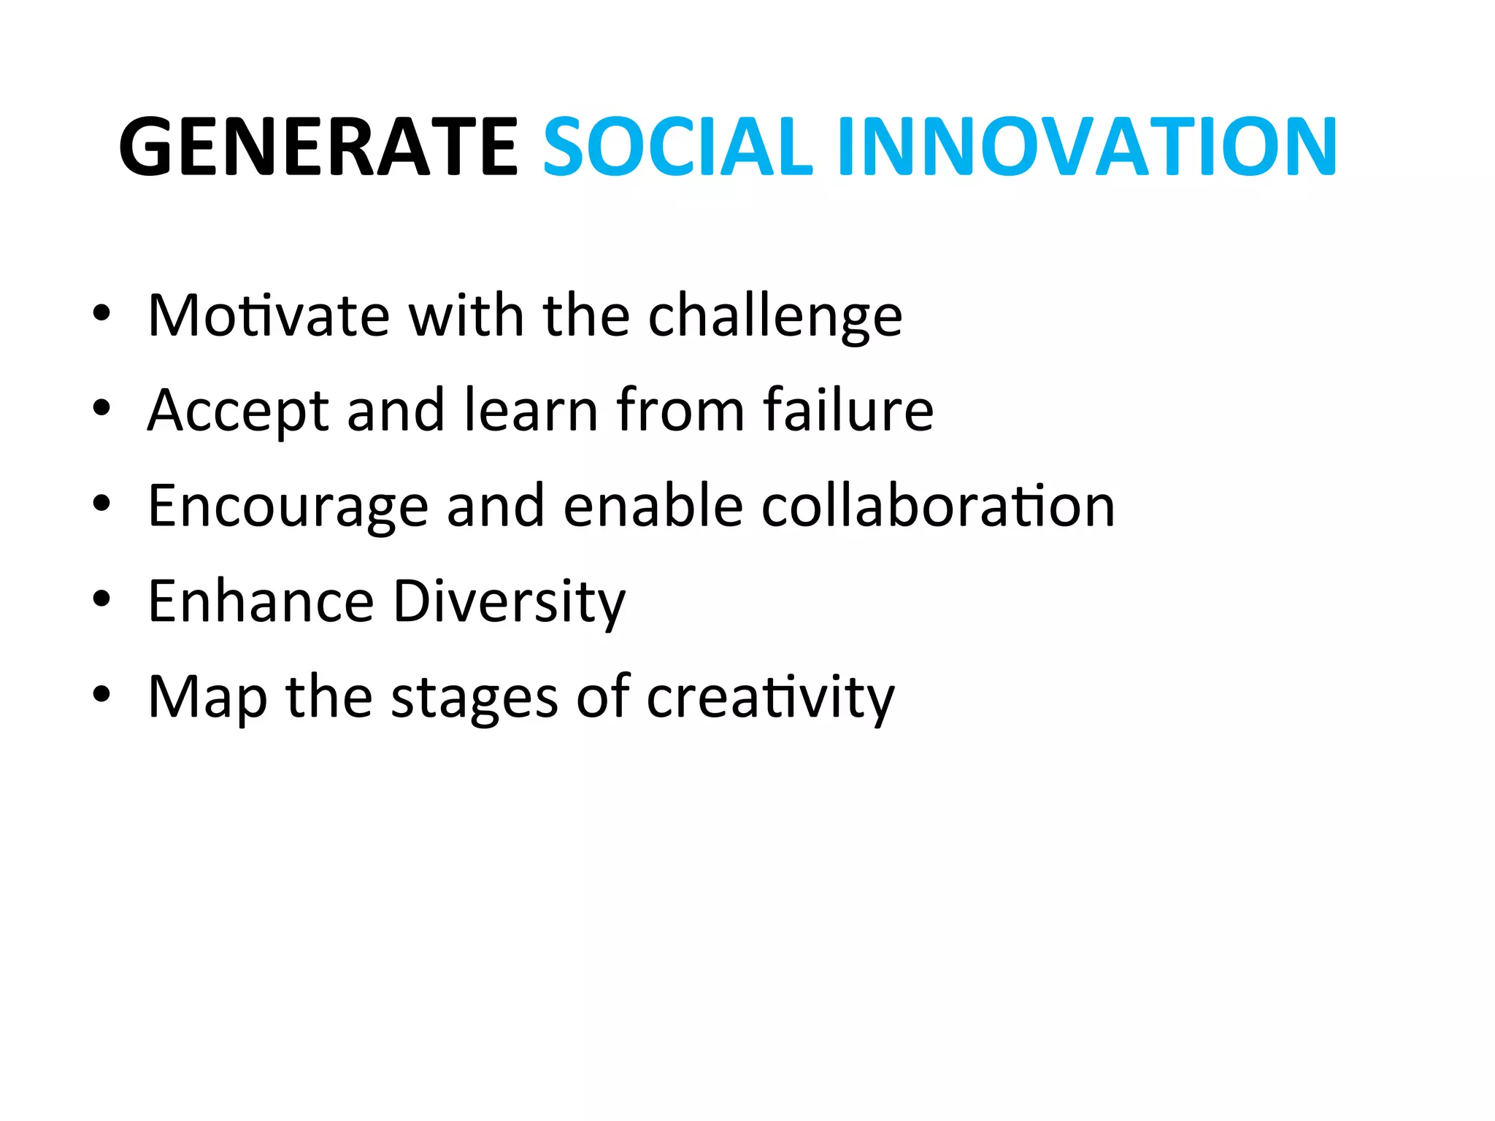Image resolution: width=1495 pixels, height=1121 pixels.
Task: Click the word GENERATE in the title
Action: (x=318, y=147)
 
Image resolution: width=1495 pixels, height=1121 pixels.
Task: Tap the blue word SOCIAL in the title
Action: (x=677, y=147)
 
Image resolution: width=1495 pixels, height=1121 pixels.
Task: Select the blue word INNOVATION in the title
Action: (x=1088, y=147)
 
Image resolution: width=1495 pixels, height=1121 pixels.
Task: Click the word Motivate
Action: (x=268, y=315)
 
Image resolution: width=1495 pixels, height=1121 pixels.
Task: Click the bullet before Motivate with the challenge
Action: (x=101, y=314)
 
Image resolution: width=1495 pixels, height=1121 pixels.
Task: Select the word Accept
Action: (x=238, y=412)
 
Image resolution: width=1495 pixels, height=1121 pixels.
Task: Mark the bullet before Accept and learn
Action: (x=101, y=409)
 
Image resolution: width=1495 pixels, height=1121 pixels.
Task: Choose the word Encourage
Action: (x=288, y=506)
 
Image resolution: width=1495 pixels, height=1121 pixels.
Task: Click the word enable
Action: (x=653, y=505)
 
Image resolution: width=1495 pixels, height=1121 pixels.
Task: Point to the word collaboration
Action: (x=938, y=505)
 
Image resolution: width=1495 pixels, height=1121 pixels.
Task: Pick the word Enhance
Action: (x=261, y=601)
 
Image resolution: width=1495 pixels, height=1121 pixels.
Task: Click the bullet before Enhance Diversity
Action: (x=101, y=599)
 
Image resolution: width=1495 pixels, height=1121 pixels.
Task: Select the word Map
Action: (x=207, y=698)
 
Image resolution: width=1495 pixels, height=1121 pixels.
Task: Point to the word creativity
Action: (x=770, y=698)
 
